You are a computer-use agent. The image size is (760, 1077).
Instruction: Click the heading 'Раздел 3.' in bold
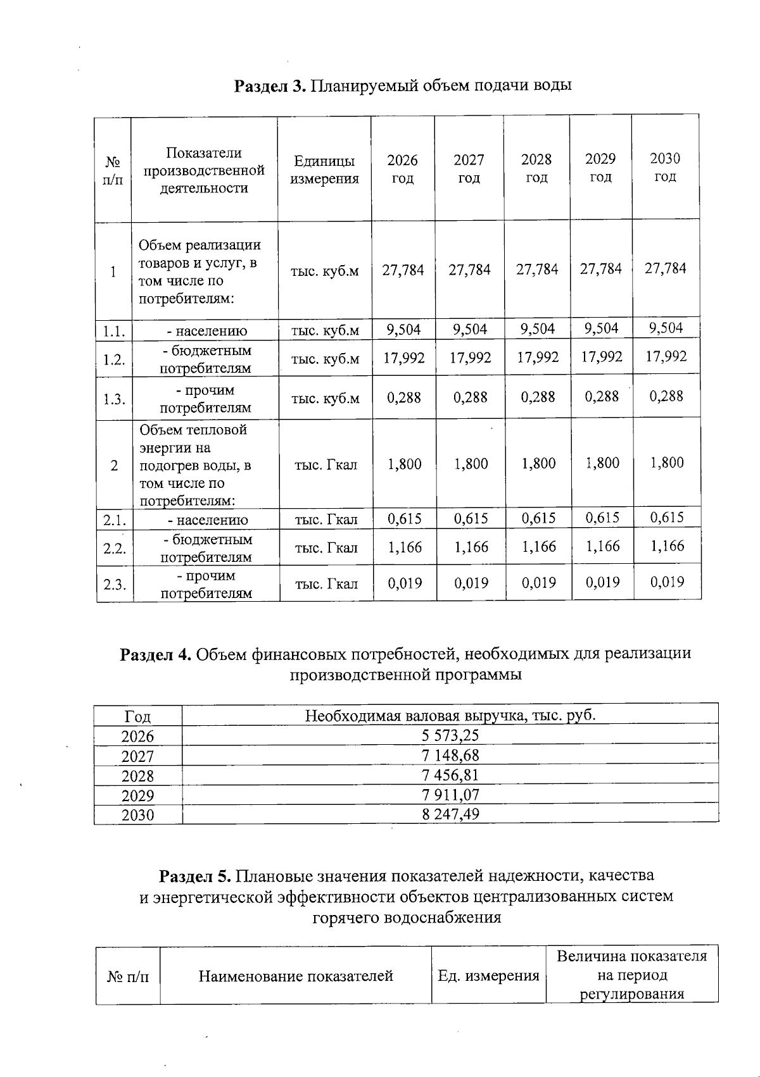tap(270, 85)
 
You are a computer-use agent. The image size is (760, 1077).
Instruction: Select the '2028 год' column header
tap(536, 168)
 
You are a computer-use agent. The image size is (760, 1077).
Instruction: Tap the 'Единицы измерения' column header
tap(324, 170)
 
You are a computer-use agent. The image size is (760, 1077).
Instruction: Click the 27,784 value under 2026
tap(403, 270)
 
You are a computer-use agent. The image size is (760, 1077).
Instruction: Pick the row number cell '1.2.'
tap(114, 360)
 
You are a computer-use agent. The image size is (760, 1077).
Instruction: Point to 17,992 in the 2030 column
tap(666, 356)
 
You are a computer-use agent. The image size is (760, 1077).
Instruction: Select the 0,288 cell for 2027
tap(471, 397)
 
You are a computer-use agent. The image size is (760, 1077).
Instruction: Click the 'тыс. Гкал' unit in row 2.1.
tap(326, 520)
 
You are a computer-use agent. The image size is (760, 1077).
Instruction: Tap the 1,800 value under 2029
tap(602, 463)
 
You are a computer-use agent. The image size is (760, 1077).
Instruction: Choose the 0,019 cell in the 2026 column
tap(404, 583)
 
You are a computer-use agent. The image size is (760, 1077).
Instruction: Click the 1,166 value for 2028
tap(538, 547)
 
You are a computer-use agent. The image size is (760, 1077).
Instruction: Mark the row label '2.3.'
tap(115, 584)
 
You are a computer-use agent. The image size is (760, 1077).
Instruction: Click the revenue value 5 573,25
tap(450, 735)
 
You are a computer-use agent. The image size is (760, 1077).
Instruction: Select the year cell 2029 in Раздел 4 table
tap(137, 795)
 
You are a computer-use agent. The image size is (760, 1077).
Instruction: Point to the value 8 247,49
tap(450, 814)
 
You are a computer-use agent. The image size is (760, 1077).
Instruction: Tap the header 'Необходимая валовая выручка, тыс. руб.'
tap(450, 716)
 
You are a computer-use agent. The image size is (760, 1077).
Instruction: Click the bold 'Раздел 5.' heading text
tap(195, 876)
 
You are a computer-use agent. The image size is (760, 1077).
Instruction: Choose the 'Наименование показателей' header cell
tap(296, 976)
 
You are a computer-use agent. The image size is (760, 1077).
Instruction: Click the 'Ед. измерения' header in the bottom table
tap(488, 976)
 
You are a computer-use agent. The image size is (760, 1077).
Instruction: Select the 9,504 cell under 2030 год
tap(666, 327)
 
